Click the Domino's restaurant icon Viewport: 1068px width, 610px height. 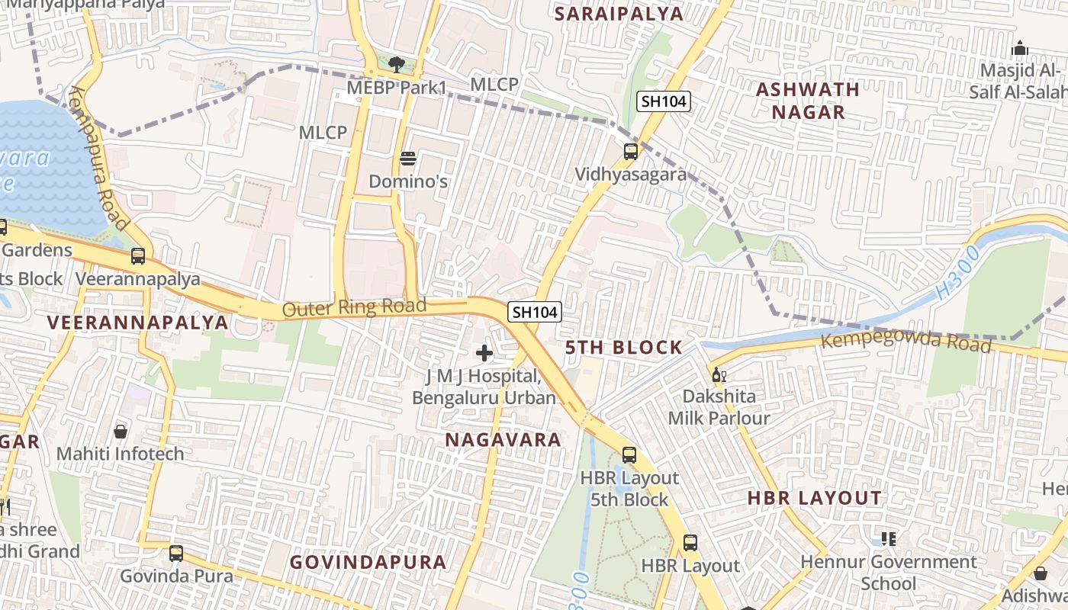click(x=408, y=159)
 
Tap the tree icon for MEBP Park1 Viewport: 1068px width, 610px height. click(x=396, y=64)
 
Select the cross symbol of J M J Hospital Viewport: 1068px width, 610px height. click(x=484, y=353)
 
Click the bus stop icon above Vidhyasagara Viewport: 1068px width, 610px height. click(x=631, y=151)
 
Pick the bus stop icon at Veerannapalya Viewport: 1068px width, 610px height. click(x=138, y=256)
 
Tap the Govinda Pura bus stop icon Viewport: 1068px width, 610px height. click(x=176, y=554)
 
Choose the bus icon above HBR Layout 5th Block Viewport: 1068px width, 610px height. click(x=629, y=455)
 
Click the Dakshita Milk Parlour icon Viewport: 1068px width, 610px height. click(x=716, y=374)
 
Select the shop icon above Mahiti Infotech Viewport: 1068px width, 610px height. click(x=121, y=432)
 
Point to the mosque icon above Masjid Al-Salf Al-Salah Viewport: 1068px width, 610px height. click(x=1020, y=49)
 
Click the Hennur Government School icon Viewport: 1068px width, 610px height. click(x=888, y=539)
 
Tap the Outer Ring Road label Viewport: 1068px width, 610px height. click(x=354, y=307)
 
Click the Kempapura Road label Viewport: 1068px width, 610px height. click(x=97, y=158)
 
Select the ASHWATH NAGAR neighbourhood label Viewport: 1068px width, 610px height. click(x=808, y=101)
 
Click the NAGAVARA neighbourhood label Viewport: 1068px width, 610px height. click(x=503, y=440)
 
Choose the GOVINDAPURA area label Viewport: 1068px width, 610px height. click(x=368, y=562)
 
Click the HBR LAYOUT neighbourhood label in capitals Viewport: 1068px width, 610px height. click(x=814, y=499)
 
